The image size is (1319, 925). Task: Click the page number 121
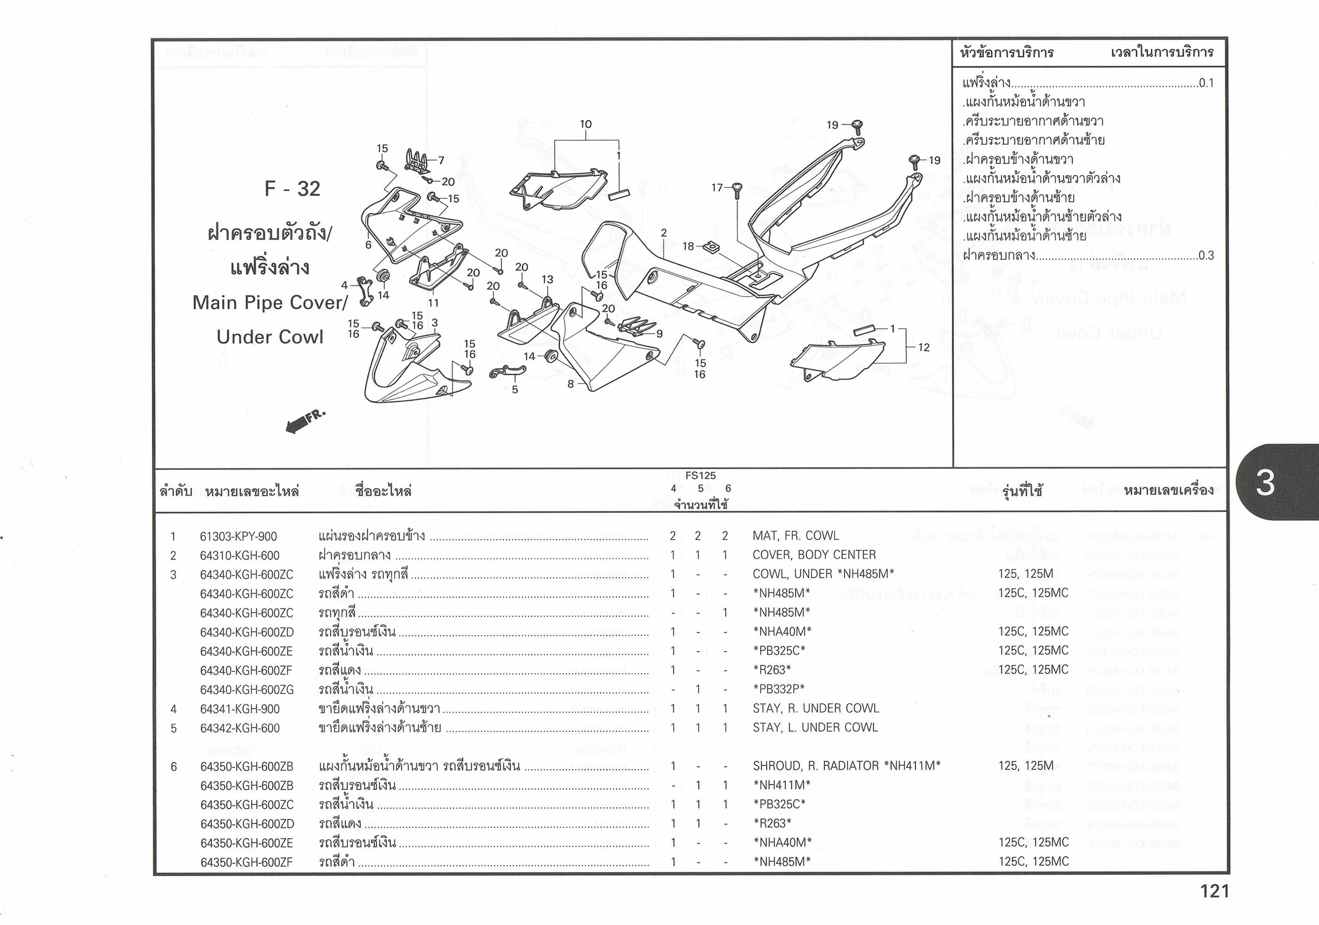(1215, 891)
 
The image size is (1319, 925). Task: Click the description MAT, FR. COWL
(796, 536)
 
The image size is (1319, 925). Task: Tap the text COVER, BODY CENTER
(814, 555)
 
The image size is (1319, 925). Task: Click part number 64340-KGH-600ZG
(247, 690)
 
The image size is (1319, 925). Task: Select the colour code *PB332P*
(779, 689)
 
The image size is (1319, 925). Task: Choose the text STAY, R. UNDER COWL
(816, 708)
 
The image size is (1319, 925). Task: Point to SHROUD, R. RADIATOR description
(816, 766)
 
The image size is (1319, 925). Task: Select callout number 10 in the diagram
(585, 124)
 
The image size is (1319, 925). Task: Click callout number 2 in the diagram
(663, 233)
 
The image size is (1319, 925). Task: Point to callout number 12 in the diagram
(924, 347)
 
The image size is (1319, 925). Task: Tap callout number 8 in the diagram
(570, 384)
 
